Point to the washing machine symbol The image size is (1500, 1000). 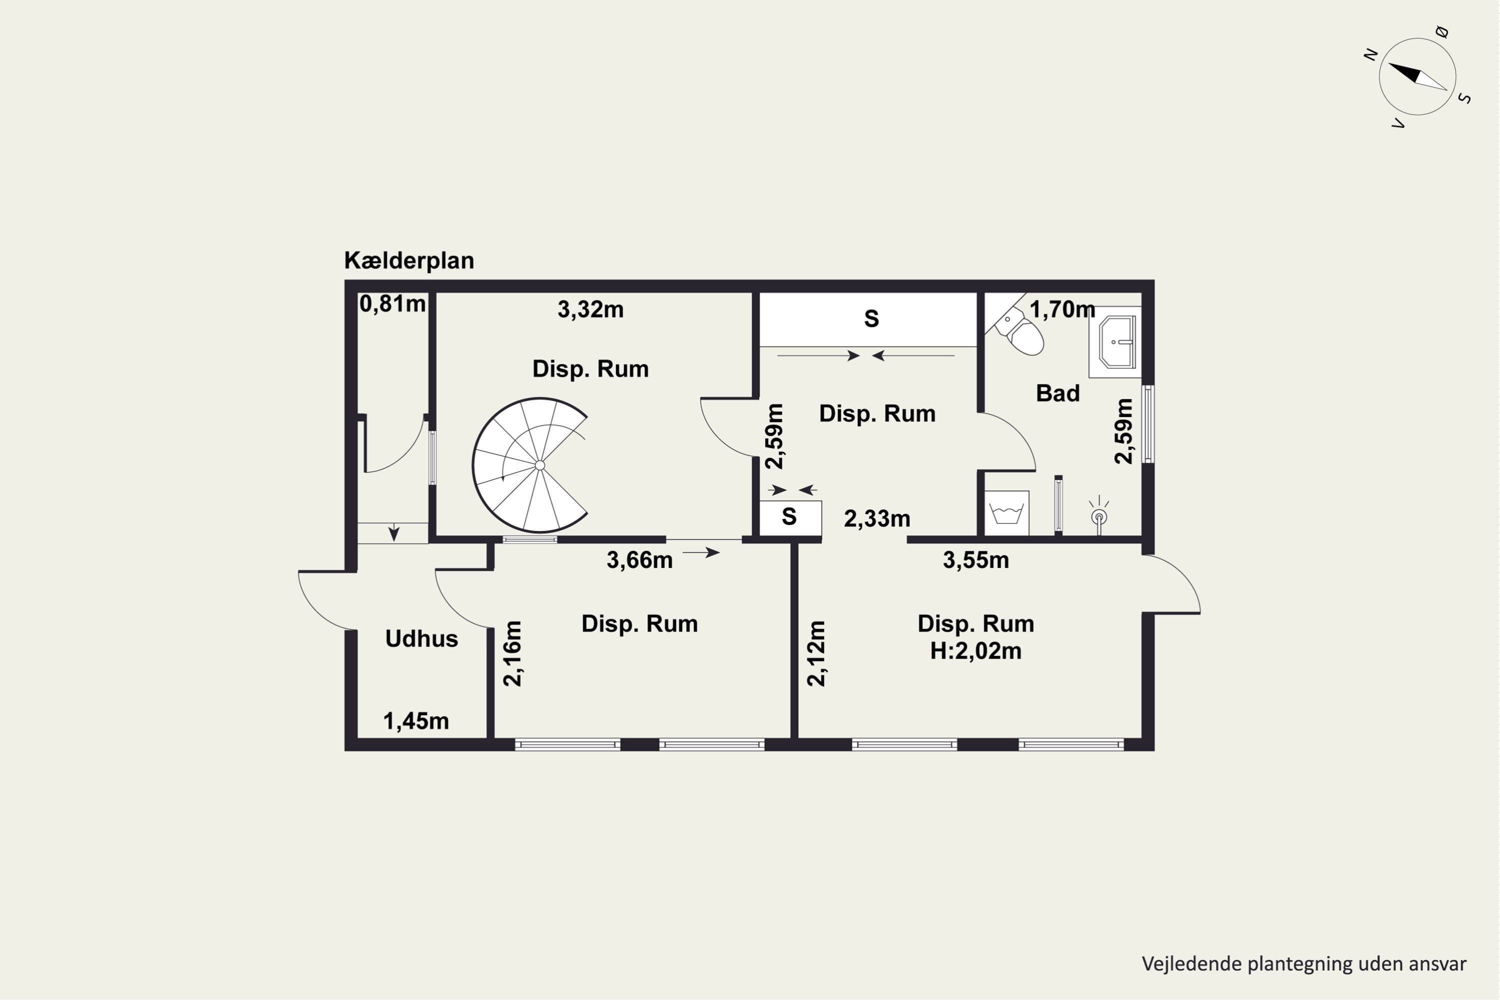[1007, 513]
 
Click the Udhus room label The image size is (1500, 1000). [421, 638]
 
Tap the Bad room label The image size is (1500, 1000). [1057, 393]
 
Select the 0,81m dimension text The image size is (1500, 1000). [392, 304]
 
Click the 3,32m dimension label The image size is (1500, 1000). [590, 310]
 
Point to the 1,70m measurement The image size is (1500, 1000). [1062, 310]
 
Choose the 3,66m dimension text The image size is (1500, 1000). [639, 560]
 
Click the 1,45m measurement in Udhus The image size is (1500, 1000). [416, 721]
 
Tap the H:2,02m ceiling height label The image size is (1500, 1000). [976, 651]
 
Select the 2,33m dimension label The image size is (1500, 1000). [877, 519]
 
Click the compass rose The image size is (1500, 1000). [1417, 76]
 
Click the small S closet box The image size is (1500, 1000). [790, 518]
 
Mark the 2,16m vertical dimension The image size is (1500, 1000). [513, 653]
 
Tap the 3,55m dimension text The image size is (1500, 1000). [976, 560]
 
